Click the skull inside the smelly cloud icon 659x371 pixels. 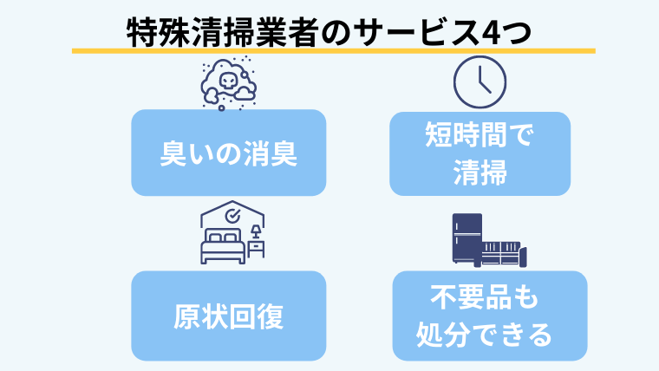[x=227, y=79]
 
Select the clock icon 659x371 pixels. [x=480, y=79]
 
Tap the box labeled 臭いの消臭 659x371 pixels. [x=228, y=153]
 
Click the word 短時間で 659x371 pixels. [x=480, y=137]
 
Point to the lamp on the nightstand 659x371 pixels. [x=257, y=232]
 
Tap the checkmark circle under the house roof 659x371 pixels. [x=232, y=214]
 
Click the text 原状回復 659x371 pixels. [x=228, y=316]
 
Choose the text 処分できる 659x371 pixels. [x=485, y=334]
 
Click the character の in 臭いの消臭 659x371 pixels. [x=228, y=153]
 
